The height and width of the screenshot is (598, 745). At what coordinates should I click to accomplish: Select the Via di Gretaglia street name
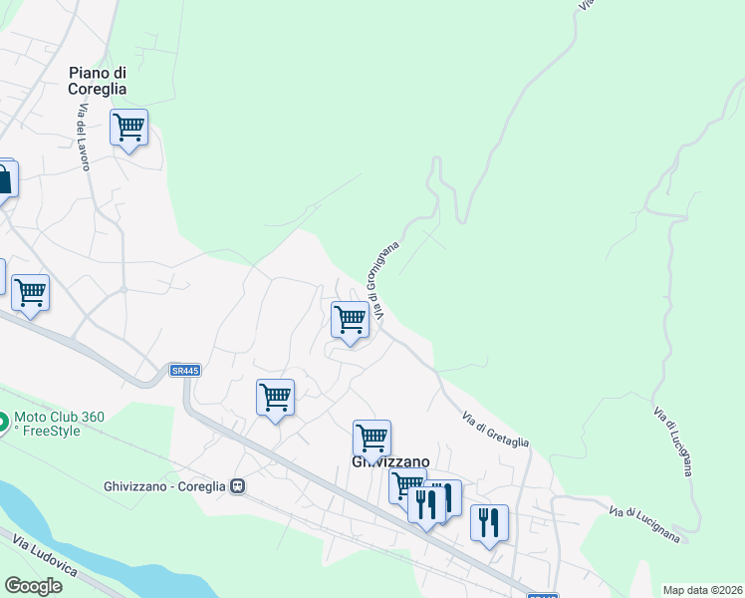(495, 431)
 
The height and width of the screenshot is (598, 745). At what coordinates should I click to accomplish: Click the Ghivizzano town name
(390, 462)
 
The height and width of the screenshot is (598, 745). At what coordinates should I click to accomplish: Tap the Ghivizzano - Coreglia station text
(164, 486)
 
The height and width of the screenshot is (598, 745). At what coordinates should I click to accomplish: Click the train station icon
(238, 486)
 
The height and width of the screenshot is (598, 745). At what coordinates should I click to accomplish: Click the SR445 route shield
(185, 371)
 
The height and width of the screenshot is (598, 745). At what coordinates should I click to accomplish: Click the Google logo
(33, 586)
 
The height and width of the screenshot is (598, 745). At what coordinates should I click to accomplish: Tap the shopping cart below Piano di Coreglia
(128, 128)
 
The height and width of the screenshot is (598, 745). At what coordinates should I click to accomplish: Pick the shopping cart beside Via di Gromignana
(350, 320)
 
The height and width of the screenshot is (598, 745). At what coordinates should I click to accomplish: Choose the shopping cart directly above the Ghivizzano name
(372, 437)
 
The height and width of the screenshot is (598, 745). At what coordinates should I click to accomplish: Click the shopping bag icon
(4, 179)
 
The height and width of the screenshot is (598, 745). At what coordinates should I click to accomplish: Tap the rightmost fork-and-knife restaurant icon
(489, 522)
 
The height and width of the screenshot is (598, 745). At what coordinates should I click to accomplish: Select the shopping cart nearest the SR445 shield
(275, 397)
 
